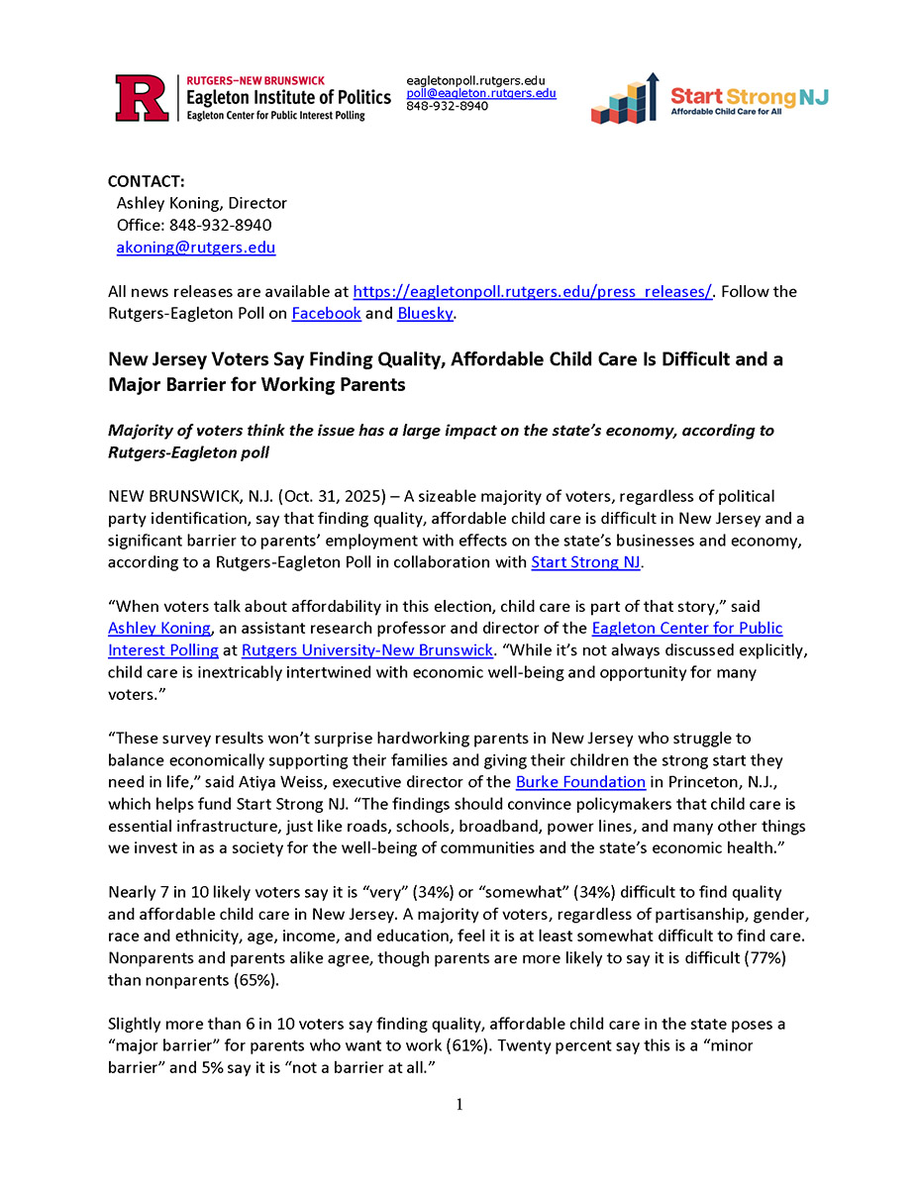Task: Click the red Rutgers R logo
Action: [x=143, y=97]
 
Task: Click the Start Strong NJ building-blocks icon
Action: [x=625, y=98]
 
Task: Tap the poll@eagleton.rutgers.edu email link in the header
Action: [x=481, y=93]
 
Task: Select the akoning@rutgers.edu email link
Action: [x=196, y=247]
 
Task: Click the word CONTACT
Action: [x=147, y=181]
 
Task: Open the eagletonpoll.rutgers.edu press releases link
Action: [x=533, y=292]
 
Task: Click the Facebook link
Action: [x=326, y=313]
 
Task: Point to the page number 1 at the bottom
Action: [x=459, y=1105]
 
